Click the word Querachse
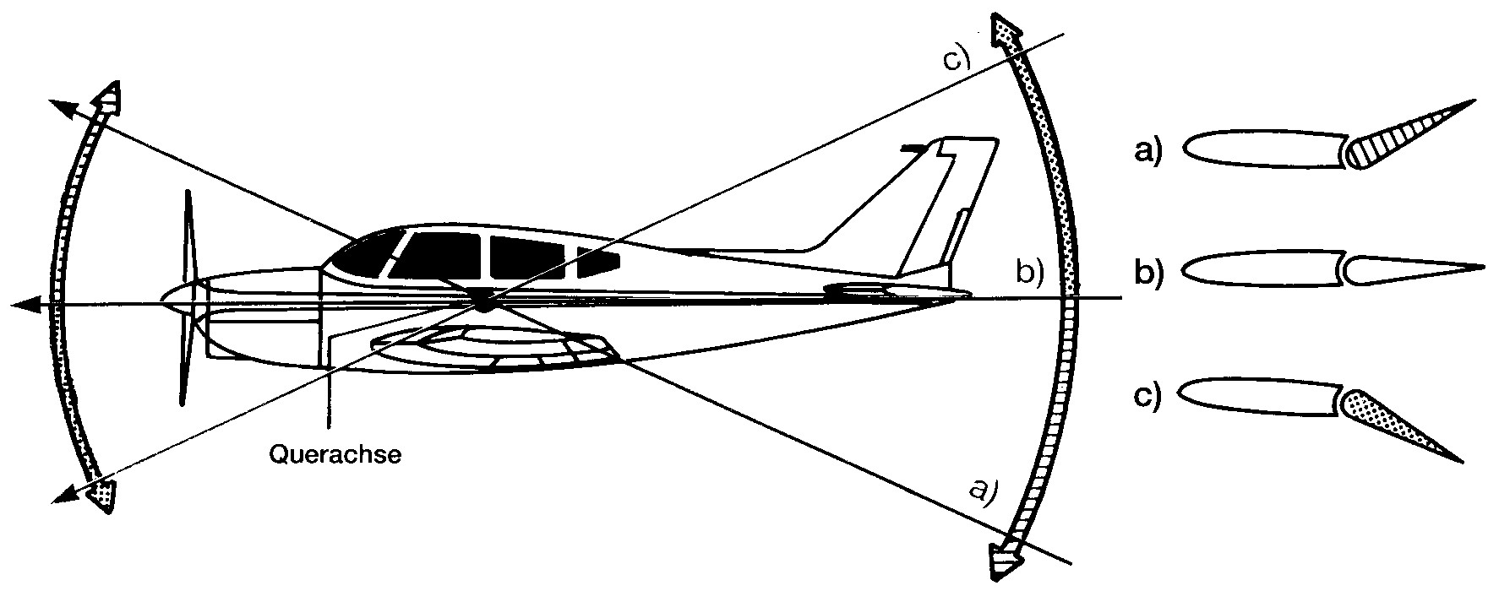pyautogui.click(x=335, y=455)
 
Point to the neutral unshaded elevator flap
pyautogui.click(x=1411, y=269)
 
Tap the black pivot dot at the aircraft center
pyautogui.click(x=482, y=300)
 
